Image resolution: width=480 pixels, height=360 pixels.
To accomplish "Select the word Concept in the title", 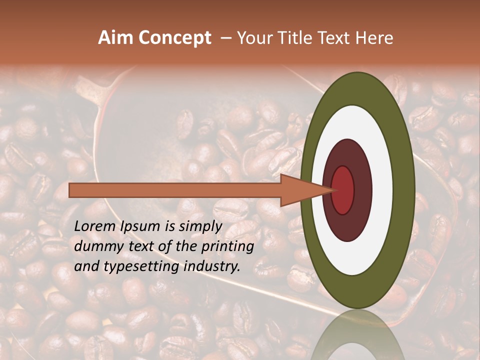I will [174, 38].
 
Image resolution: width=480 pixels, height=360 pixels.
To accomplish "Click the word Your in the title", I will [254, 38].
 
